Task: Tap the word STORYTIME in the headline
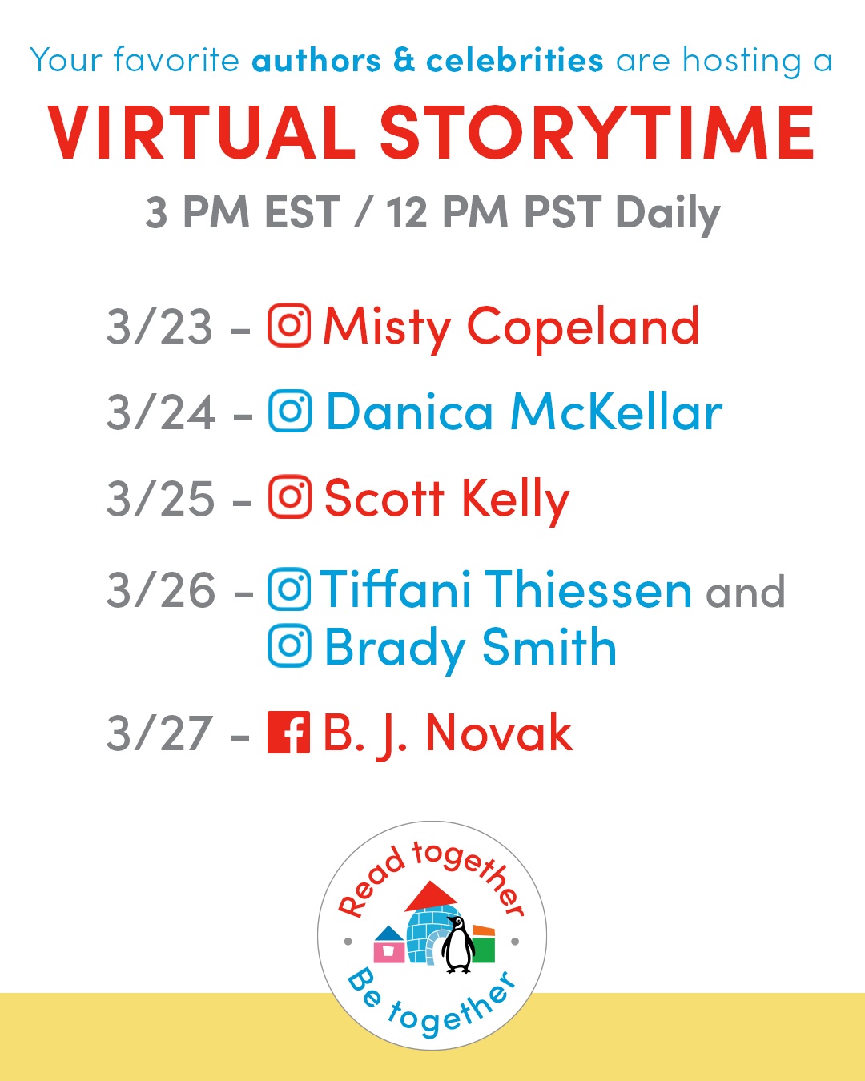(597, 133)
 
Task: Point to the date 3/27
(159, 734)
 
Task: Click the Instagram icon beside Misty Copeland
(289, 325)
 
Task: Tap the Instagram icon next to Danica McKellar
(289, 411)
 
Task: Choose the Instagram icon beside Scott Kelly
(289, 496)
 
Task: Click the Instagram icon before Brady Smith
(289, 645)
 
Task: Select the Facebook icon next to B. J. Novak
(288, 733)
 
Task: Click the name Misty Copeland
(511, 329)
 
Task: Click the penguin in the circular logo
(458, 945)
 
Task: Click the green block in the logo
(484, 950)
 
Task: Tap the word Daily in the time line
(668, 215)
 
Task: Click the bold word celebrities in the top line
(515, 61)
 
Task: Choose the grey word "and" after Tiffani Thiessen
(745, 593)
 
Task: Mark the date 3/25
(160, 498)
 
